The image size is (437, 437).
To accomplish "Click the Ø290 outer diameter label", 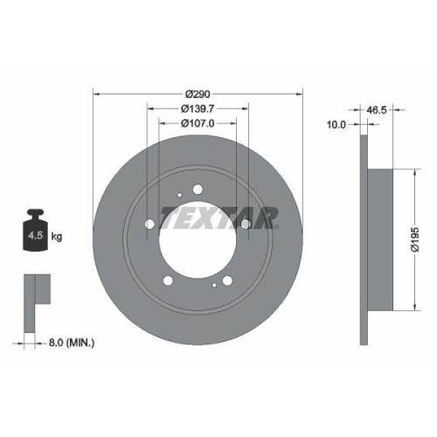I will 197,93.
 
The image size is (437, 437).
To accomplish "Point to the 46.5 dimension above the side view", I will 378,111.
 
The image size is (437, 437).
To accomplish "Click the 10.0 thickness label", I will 336,125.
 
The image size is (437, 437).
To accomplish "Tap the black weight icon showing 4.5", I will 35,232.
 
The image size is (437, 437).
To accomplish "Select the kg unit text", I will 58,236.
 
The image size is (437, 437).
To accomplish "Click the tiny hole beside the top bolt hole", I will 178,196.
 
